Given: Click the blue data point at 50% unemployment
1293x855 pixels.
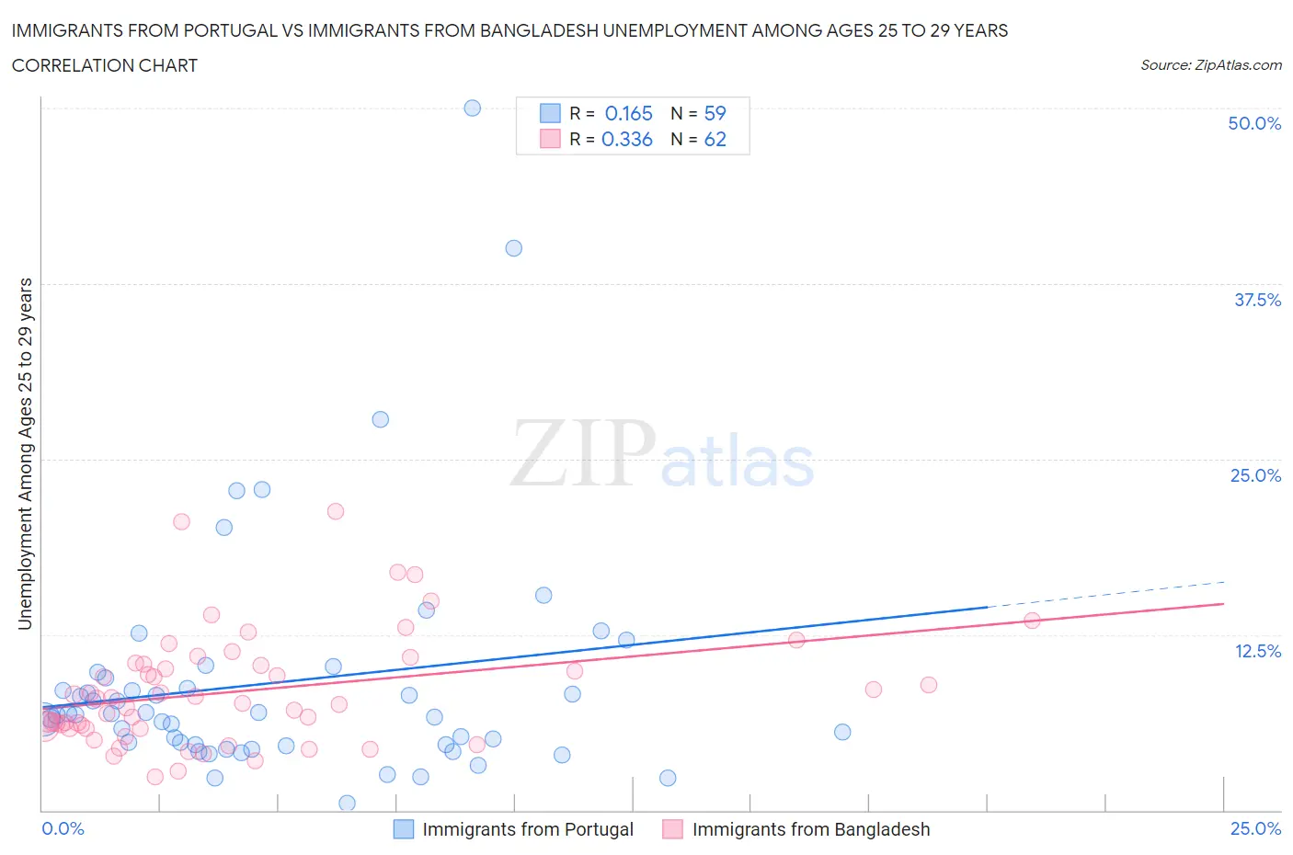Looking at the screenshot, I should pos(472,108).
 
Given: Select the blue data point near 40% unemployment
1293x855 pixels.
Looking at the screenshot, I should pos(513,248).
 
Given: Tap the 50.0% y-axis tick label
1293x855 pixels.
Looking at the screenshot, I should pos(1254,123).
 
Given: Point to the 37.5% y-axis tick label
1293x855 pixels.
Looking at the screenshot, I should pos(1257,300).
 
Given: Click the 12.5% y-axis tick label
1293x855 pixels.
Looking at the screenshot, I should pos(1257,651).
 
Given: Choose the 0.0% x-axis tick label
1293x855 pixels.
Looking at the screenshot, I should pos(63,828).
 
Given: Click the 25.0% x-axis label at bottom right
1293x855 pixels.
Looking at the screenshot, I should pos(1255,828).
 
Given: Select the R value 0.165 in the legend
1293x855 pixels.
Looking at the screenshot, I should pos(628,113).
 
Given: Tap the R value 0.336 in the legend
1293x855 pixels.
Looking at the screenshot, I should pos(626,139).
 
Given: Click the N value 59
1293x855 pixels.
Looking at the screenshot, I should pos(715,113).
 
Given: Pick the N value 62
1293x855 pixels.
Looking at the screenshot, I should pos(715,139).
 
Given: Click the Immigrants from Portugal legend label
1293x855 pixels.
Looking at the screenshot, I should pos(528,829).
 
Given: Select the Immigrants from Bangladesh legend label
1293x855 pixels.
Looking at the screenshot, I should pos(810,829).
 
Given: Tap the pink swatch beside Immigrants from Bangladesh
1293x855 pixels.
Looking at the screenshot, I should pos(672,829).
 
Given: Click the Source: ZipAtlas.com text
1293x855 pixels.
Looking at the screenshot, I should pos(1210,64).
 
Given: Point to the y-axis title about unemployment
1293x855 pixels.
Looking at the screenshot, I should pos(25,453).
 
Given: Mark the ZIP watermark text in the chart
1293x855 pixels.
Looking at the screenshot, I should pos(583,453).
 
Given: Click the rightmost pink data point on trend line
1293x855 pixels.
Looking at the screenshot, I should pos(1031,620).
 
